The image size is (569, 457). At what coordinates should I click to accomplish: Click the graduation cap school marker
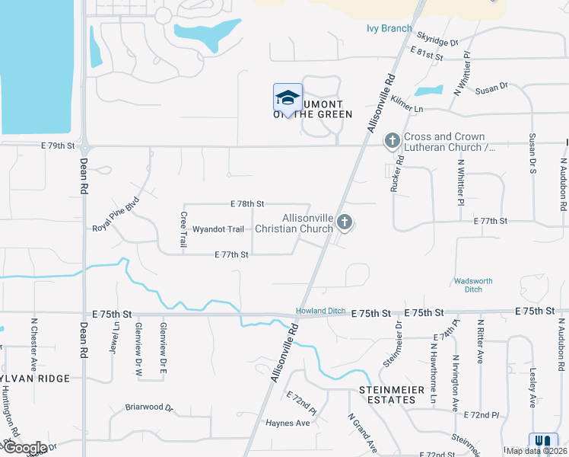coord(288,97)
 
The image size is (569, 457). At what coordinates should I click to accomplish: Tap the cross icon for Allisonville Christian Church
coord(345,222)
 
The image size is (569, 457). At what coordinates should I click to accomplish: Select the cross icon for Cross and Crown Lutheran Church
coord(393,140)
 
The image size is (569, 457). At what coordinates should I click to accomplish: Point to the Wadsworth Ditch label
coord(473,285)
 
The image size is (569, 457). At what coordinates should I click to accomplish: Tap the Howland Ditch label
coord(320,311)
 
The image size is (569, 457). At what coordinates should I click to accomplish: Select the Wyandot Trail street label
coord(218,228)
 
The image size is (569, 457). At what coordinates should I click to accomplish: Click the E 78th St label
coord(247,203)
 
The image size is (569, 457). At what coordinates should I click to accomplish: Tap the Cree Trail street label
coord(183,229)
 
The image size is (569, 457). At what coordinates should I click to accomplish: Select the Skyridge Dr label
coord(437,40)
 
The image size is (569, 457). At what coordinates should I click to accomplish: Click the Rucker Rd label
coord(396,175)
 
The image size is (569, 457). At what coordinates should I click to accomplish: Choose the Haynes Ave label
coord(288,423)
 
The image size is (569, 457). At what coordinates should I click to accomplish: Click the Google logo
coord(24,448)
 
